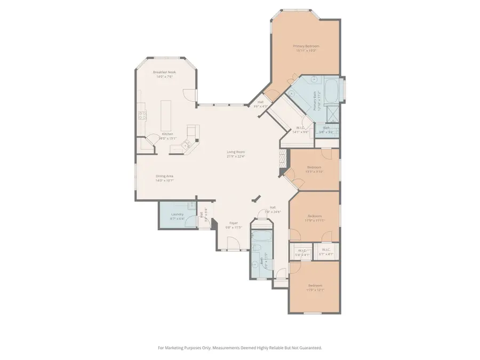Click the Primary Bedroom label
pyautogui.click(x=306, y=46)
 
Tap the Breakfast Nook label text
pyautogui.click(x=164, y=72)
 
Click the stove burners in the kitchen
pyautogui.click(x=142, y=114)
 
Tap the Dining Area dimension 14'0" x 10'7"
pyautogui.click(x=165, y=181)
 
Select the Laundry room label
pyautogui.click(x=178, y=214)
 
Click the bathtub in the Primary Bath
pyautogui.click(x=331, y=89)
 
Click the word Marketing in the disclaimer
pyautogui.click(x=184, y=348)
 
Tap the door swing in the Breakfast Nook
pyautogui.click(x=188, y=95)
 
